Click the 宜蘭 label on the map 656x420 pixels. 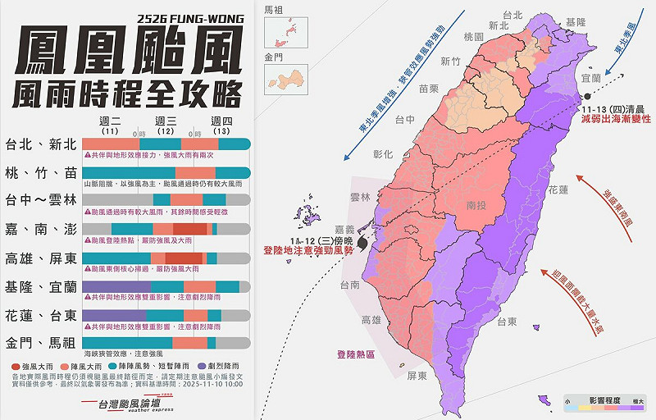591,77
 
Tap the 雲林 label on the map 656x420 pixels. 360,197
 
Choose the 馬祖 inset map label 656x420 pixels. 273,11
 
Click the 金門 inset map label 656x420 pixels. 273,59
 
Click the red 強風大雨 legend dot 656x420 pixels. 16,366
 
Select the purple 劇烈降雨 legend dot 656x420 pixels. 191,366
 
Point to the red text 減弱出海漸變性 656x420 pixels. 616,119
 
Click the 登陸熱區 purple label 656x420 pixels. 355,354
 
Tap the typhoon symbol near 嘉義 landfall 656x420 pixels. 362,244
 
